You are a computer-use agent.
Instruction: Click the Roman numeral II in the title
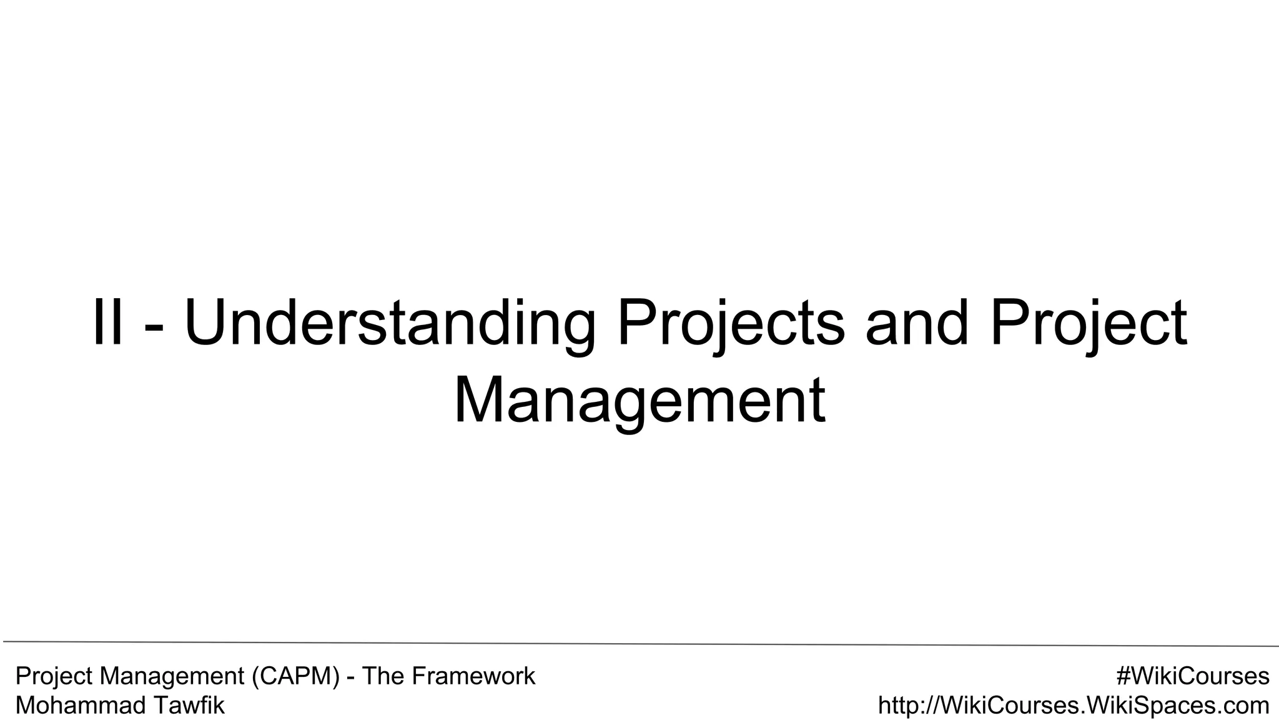[x=107, y=324]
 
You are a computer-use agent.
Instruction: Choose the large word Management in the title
[x=639, y=402]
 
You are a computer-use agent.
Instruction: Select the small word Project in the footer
[x=54, y=677]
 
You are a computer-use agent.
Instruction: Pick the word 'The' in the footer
[x=382, y=676]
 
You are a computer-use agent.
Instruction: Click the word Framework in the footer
[x=473, y=676]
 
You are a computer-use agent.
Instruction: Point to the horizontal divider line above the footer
[x=639, y=643]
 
